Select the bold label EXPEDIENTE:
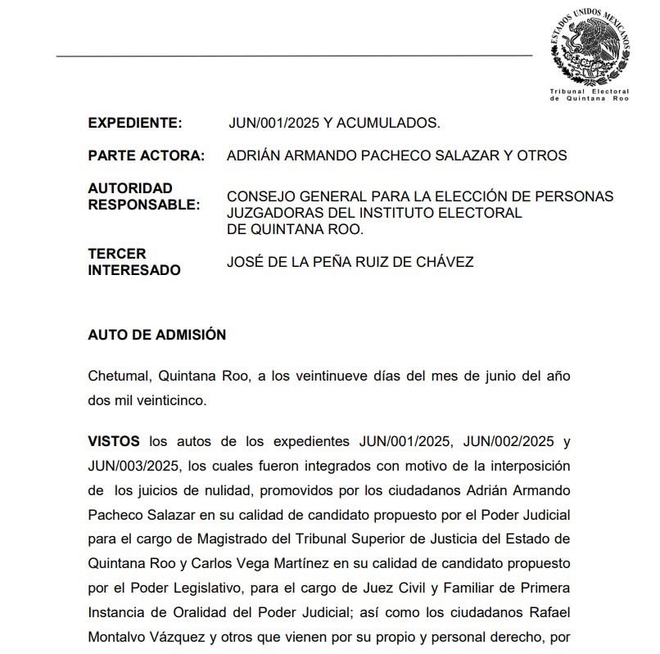click(x=134, y=124)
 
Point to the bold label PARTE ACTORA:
click(x=146, y=156)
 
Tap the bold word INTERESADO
click(x=134, y=270)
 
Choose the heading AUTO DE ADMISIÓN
click(x=156, y=335)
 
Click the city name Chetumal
click(x=117, y=377)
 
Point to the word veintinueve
click(x=358, y=377)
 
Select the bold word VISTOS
click(x=114, y=441)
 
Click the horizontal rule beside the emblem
click(x=294, y=56)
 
